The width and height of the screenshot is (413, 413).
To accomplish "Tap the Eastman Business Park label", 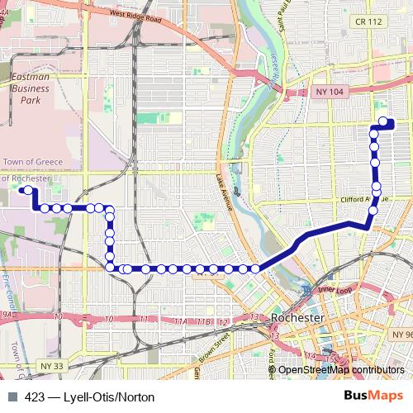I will tap(31, 87).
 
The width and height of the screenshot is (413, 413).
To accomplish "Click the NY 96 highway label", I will tap(401, 334).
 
